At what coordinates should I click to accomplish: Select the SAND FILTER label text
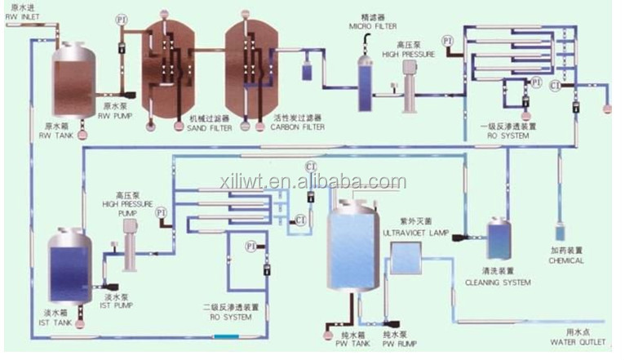tap(211, 128)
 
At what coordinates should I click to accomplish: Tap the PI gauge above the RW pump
tap(121, 19)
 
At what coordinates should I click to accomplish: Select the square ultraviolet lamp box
tap(404, 259)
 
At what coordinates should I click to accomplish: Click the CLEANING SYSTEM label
tap(498, 282)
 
